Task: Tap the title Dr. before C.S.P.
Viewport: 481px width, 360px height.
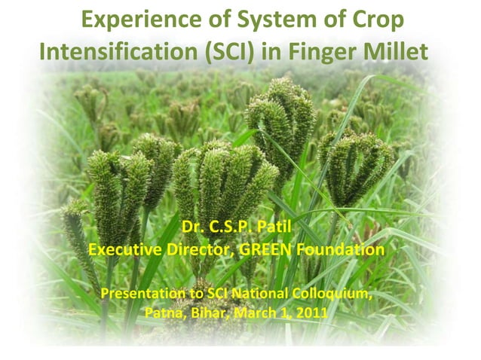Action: pos(194,228)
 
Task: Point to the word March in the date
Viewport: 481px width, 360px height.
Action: pos(253,313)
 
